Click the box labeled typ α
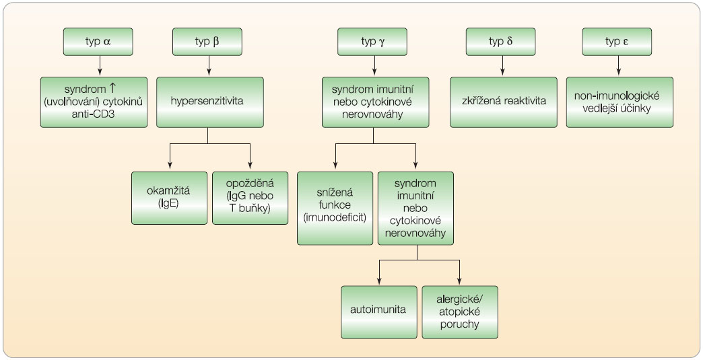tap(100, 42)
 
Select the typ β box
tap(207, 42)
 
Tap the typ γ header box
tap(374, 42)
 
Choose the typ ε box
tap(618, 42)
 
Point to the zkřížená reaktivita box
tap(503, 102)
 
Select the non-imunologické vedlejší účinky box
tap(618, 102)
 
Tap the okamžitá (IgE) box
tap(170, 197)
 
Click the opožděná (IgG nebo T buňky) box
tap(250, 197)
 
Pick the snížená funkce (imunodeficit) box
tap(335, 208)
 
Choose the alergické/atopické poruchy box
tap(460, 312)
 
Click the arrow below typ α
tap(100, 65)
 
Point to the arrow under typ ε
tap(618, 65)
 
